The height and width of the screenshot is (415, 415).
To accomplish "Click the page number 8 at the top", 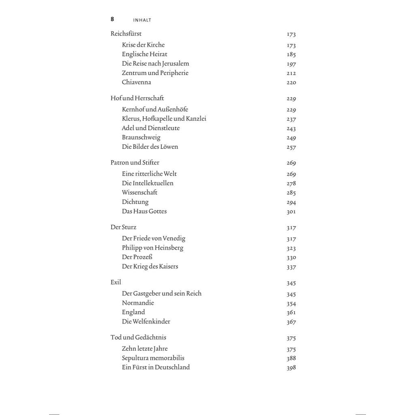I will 112,19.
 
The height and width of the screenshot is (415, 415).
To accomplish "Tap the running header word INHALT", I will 142,20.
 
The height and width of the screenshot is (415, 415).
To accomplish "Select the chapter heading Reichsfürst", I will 126,34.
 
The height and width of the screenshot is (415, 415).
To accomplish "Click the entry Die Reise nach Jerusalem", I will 155,64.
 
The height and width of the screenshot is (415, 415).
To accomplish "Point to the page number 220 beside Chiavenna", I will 291,83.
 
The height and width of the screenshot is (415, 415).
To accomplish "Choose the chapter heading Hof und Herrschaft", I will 137,98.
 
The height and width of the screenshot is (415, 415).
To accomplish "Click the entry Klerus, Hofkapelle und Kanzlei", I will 164,119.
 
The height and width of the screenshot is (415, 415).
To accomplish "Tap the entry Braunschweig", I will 141,137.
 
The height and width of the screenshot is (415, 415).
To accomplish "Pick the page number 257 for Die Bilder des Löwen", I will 291,148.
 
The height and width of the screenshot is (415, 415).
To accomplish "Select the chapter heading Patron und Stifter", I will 135,163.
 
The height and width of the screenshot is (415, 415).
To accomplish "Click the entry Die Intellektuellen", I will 148,183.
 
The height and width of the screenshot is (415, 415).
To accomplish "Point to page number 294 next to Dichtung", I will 291,202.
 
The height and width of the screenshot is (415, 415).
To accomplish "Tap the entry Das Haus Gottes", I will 144,211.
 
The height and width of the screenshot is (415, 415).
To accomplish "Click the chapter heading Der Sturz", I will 124,227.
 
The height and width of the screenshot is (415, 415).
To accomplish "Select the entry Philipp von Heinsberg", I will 152,248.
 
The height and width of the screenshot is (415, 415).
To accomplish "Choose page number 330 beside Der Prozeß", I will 291,257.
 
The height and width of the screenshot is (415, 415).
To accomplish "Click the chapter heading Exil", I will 116,282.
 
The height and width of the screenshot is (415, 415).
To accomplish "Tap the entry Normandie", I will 138,303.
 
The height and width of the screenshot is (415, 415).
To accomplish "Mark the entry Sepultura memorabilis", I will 153,358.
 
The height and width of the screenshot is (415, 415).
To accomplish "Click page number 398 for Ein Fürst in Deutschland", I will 291,368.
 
